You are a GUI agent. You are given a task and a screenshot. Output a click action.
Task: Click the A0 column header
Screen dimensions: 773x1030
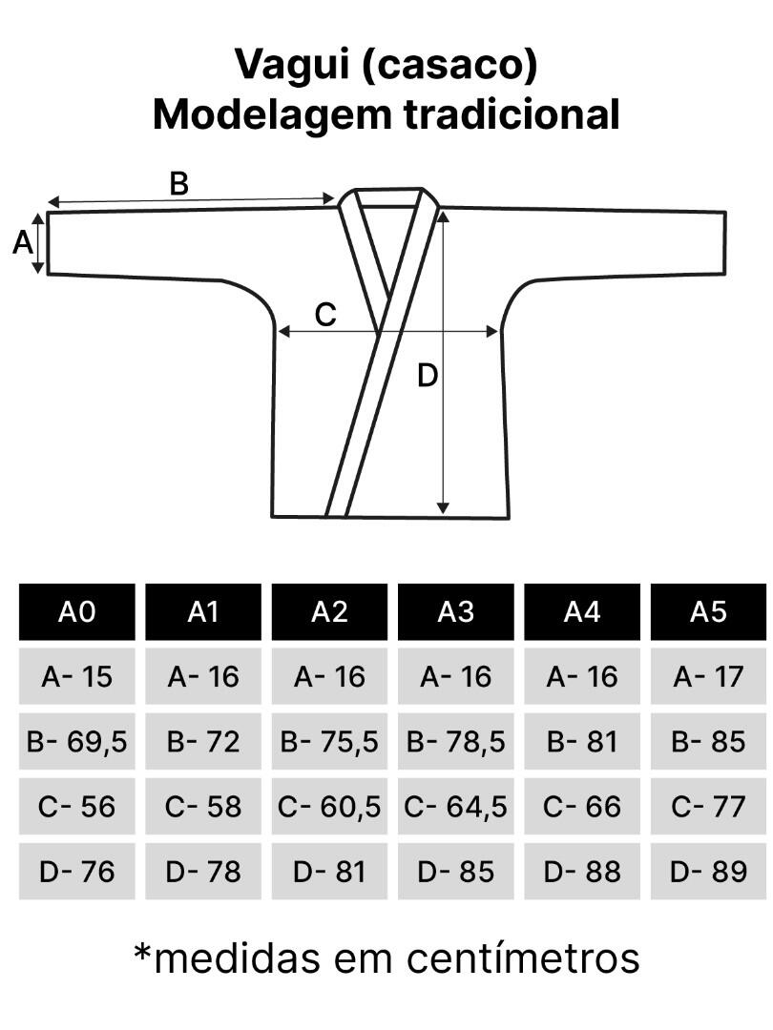[77, 611]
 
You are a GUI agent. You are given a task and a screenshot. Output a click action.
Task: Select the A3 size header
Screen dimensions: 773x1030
[455, 611]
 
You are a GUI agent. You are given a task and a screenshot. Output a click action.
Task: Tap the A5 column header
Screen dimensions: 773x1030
[708, 611]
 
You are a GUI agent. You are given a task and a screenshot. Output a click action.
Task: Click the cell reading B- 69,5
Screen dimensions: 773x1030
[77, 742]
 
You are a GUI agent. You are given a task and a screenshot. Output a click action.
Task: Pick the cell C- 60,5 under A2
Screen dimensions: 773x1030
[329, 807]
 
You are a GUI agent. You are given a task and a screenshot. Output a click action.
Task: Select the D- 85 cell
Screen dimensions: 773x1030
[455, 872]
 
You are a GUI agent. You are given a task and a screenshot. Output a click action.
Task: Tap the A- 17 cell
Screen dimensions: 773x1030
[708, 676]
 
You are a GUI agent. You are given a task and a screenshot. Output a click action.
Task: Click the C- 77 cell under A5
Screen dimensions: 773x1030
[708, 807]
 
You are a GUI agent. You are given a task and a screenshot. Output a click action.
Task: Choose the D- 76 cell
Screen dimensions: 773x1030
[77, 872]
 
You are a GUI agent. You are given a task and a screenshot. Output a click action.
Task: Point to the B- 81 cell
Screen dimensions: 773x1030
[582, 742]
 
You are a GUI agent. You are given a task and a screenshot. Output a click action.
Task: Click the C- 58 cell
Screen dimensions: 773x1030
[203, 807]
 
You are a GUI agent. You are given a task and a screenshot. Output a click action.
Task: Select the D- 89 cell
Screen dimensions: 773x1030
[708, 872]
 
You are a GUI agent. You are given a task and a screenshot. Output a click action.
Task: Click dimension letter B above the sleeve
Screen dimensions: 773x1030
[178, 183]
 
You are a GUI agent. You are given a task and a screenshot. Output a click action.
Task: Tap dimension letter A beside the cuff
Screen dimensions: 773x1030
[22, 243]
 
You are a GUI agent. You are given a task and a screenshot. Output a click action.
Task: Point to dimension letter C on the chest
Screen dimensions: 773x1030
[325, 315]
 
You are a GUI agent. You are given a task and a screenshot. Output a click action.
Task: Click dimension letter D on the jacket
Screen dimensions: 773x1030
[428, 376]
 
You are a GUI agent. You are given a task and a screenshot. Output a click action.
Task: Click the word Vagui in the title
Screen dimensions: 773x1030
[293, 66]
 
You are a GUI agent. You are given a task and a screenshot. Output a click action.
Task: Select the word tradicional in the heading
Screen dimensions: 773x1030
[512, 114]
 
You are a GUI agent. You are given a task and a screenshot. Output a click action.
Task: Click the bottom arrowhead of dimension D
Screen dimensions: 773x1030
[443, 509]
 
